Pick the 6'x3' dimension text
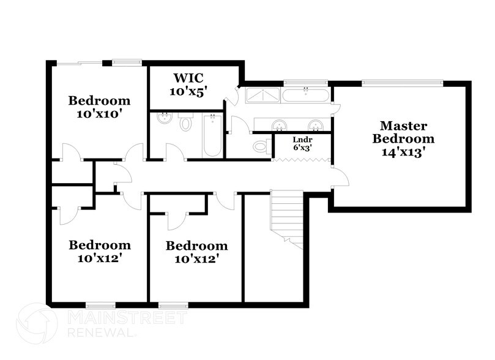point(302,148)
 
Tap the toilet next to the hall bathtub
point(186,124)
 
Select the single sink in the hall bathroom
point(164,118)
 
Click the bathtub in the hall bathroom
point(212,135)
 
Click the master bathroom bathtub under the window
point(306,95)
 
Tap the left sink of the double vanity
point(280,125)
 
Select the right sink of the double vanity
point(316,125)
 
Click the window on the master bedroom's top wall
point(401,82)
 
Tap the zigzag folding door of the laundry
point(301,160)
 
